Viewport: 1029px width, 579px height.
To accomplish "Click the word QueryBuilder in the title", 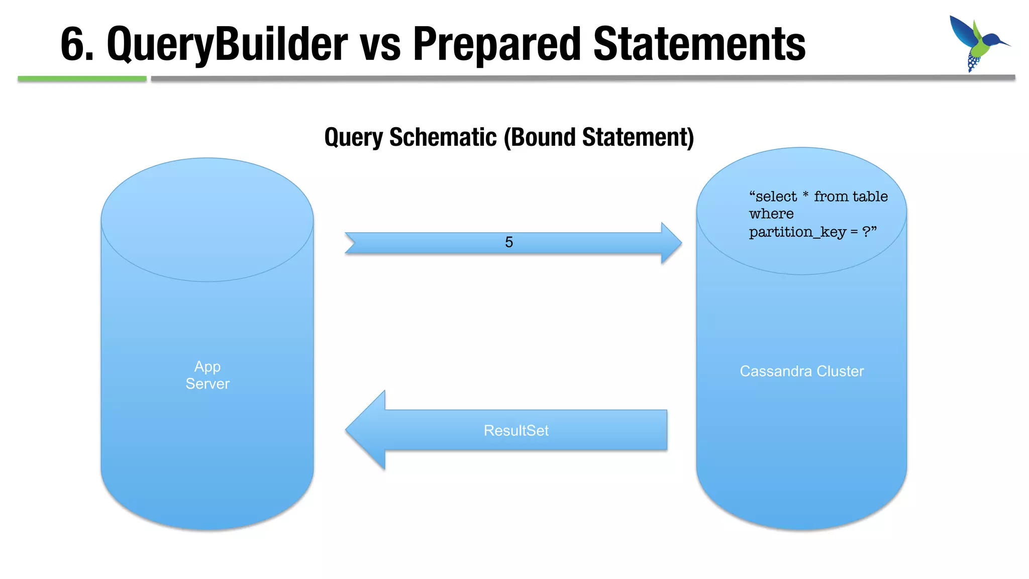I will tap(227, 44).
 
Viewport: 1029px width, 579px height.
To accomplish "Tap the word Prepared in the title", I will tap(496, 44).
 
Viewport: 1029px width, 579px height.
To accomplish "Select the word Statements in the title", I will tap(699, 44).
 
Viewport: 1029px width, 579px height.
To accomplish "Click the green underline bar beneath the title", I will tap(82, 79).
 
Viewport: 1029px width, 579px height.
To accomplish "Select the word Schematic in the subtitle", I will tap(443, 137).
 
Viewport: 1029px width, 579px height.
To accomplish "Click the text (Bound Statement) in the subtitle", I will tap(599, 137).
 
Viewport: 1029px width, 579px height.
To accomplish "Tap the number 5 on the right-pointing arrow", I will tap(509, 242).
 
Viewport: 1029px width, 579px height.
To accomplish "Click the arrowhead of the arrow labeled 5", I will tap(671, 243).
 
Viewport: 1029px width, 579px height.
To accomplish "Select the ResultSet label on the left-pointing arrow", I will tap(516, 430).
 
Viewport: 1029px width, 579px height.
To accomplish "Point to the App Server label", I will tap(208, 375).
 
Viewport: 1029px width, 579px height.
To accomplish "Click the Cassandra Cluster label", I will tap(802, 371).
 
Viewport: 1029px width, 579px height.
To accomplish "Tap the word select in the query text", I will tap(776, 197).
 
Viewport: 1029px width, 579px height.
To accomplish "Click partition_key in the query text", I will tap(798, 232).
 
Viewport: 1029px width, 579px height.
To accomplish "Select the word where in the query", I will tap(771, 214).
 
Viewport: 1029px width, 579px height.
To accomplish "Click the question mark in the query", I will tap(867, 232).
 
